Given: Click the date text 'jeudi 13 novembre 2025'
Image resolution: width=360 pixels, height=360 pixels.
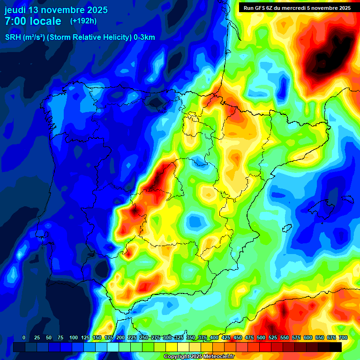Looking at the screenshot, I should pyautogui.click(x=56, y=10).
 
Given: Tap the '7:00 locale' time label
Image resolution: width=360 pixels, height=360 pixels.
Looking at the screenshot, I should pyautogui.click(x=33, y=21).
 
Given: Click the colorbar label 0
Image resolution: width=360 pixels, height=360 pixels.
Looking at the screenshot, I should pyautogui.click(x=24, y=338).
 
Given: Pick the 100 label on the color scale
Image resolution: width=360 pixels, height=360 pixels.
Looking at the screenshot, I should pyautogui.click(x=74, y=338).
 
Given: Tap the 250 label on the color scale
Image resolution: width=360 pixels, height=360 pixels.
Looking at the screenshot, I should pyautogui.click(x=144, y=338).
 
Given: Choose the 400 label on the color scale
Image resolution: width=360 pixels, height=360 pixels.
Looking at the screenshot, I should pyautogui.click(x=214, y=338).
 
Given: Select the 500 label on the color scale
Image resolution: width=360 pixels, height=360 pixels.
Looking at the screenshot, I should pyautogui.click(x=261, y=338).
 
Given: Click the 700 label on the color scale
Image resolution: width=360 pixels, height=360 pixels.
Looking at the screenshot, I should pyautogui.click(x=343, y=338).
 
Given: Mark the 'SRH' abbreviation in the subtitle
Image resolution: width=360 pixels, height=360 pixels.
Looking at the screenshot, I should pyautogui.click(x=13, y=37).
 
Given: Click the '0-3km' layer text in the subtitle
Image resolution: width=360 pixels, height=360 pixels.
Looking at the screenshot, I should pyautogui.click(x=143, y=37).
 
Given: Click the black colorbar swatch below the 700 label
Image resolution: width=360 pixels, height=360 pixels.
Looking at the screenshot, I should pyautogui.click(x=336, y=347).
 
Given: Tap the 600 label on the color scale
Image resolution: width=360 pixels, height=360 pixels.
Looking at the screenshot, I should pyautogui.click(x=308, y=338).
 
